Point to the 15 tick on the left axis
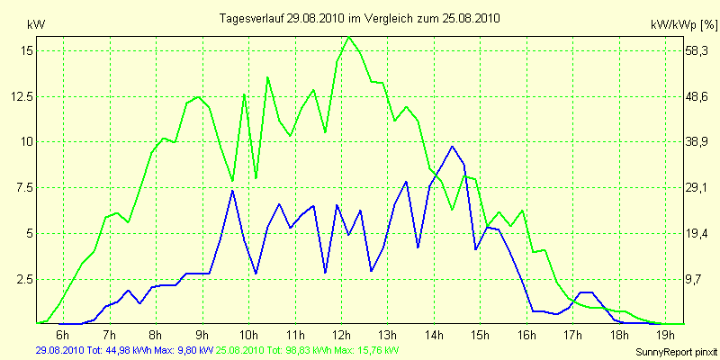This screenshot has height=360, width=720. [x=27, y=51]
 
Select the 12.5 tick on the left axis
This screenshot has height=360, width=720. [x=22, y=96]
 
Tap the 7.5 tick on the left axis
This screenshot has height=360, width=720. [x=25, y=187]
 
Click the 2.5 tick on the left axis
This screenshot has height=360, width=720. [x=25, y=279]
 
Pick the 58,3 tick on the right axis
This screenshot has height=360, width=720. [x=697, y=51]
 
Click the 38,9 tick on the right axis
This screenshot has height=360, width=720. [x=697, y=142]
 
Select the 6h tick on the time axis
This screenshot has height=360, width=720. [x=62, y=336]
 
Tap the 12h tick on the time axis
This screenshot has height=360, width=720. [x=340, y=336]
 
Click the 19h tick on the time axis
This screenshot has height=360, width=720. [x=664, y=336]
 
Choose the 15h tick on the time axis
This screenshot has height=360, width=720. [x=479, y=336]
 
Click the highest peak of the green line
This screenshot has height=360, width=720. [x=348, y=37]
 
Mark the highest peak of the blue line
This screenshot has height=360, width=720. [x=452, y=146]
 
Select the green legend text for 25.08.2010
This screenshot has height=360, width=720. [x=319, y=349]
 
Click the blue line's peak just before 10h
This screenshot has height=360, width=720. [x=232, y=191]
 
